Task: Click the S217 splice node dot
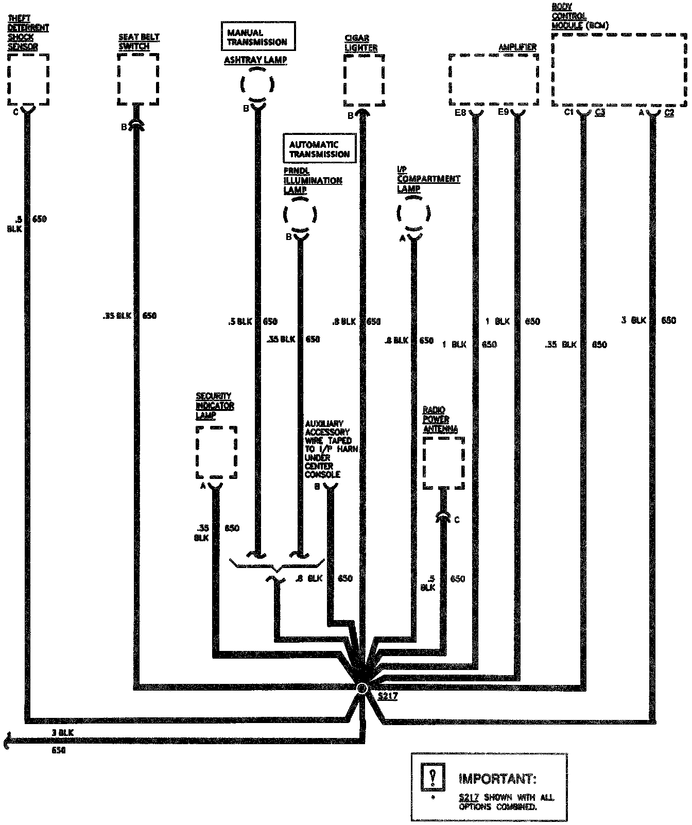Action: tap(362, 687)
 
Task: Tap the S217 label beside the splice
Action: tap(387, 696)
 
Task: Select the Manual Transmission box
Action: tap(258, 37)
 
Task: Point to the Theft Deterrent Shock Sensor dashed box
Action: tap(29, 79)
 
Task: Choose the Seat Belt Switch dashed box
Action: tap(137, 79)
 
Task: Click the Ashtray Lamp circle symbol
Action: tap(257, 84)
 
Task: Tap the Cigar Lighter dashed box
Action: tap(364, 79)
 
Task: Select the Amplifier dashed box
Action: tap(493, 79)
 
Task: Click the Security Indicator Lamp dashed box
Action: tap(216, 453)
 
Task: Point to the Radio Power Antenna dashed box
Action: tap(443, 462)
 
